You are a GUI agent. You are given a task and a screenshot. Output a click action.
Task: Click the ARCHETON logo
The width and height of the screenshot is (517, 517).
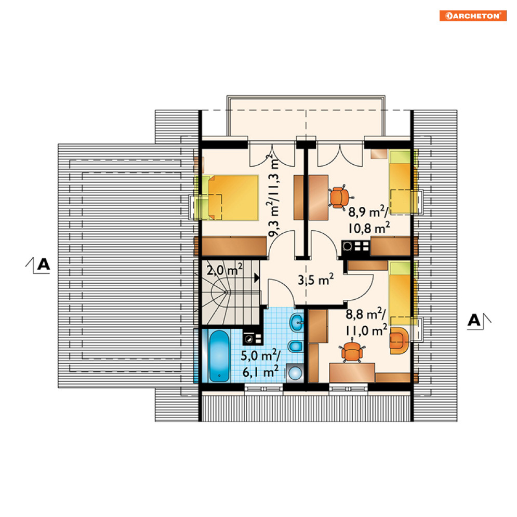[x=473, y=16]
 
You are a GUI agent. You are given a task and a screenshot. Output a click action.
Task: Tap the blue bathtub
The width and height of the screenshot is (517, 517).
[x=219, y=356]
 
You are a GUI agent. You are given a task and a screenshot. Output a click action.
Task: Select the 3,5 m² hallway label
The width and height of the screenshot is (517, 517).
[x=315, y=280]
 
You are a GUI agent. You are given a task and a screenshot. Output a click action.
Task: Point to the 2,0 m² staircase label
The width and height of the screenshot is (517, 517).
[x=224, y=270]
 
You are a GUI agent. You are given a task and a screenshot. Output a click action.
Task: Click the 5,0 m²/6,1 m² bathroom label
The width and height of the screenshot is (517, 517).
[x=260, y=364]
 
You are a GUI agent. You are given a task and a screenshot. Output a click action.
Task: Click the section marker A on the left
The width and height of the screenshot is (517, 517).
[x=43, y=264]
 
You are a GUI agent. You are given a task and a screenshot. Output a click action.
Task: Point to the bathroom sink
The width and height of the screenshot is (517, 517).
[x=296, y=322]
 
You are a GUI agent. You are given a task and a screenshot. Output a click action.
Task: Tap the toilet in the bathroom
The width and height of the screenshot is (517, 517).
[x=296, y=346]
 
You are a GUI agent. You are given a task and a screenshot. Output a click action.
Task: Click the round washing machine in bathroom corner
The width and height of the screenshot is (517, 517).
[x=295, y=373]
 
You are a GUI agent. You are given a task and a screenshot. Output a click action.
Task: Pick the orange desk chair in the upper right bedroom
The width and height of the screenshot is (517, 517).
[x=340, y=197]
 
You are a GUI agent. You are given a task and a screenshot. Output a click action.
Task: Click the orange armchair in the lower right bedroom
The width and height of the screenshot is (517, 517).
[x=399, y=340]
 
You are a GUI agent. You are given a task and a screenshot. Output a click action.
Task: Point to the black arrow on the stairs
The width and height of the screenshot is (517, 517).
[x=256, y=277]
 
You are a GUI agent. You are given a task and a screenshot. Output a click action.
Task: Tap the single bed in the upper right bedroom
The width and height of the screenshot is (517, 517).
[x=401, y=182]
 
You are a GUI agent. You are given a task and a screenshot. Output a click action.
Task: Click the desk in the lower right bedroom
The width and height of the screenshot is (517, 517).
[x=352, y=373]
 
